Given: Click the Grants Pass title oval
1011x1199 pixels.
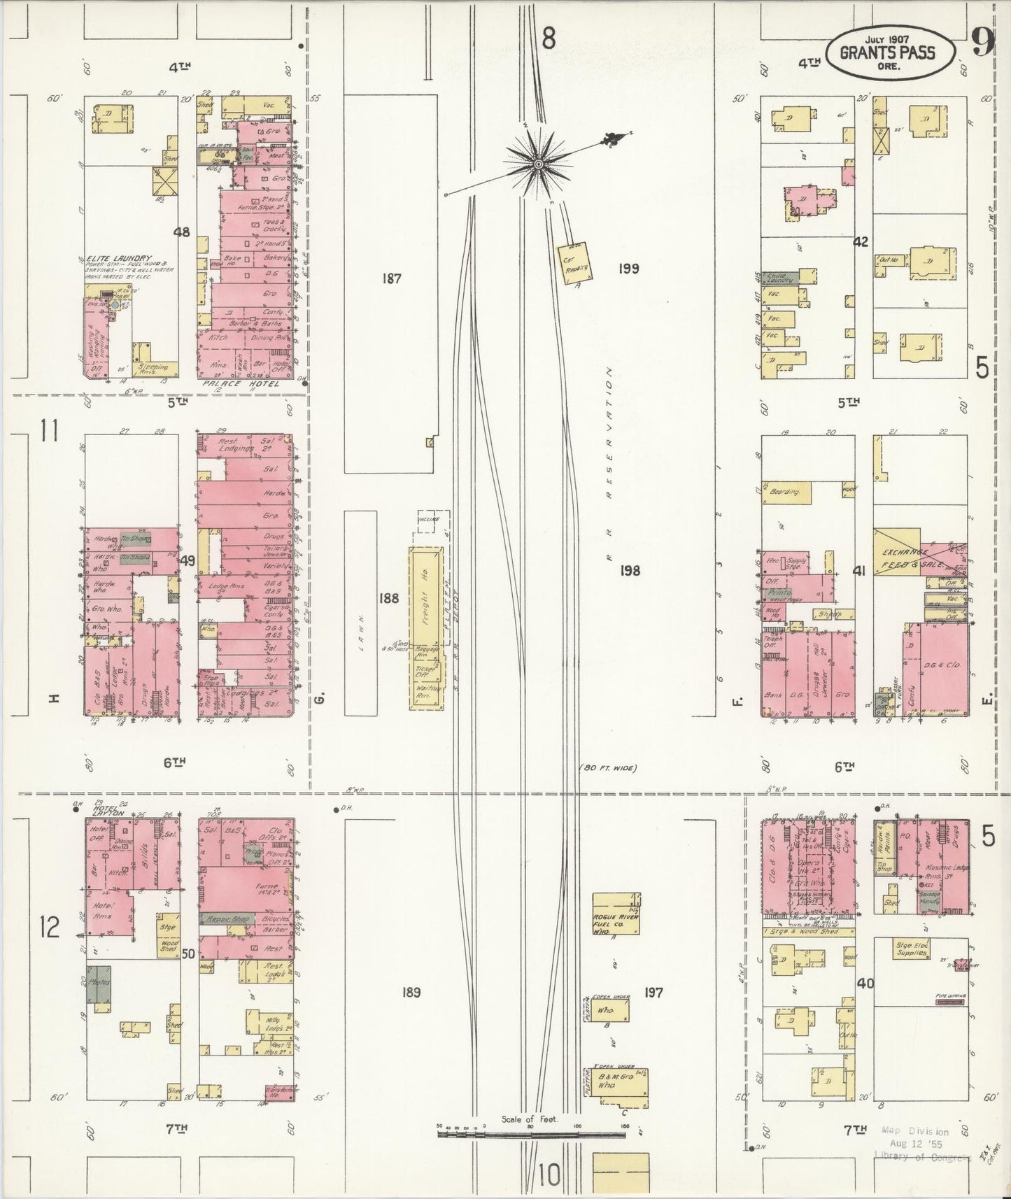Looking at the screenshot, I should [888, 54].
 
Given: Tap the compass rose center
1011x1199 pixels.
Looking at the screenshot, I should [538, 164].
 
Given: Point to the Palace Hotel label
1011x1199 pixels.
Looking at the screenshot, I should [239, 383].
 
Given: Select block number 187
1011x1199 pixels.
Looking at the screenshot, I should [391, 278].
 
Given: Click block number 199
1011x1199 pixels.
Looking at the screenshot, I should [628, 268].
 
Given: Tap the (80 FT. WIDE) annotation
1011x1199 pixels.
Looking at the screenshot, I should [608, 769].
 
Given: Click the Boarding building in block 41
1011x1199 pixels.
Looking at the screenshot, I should [786, 492].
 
